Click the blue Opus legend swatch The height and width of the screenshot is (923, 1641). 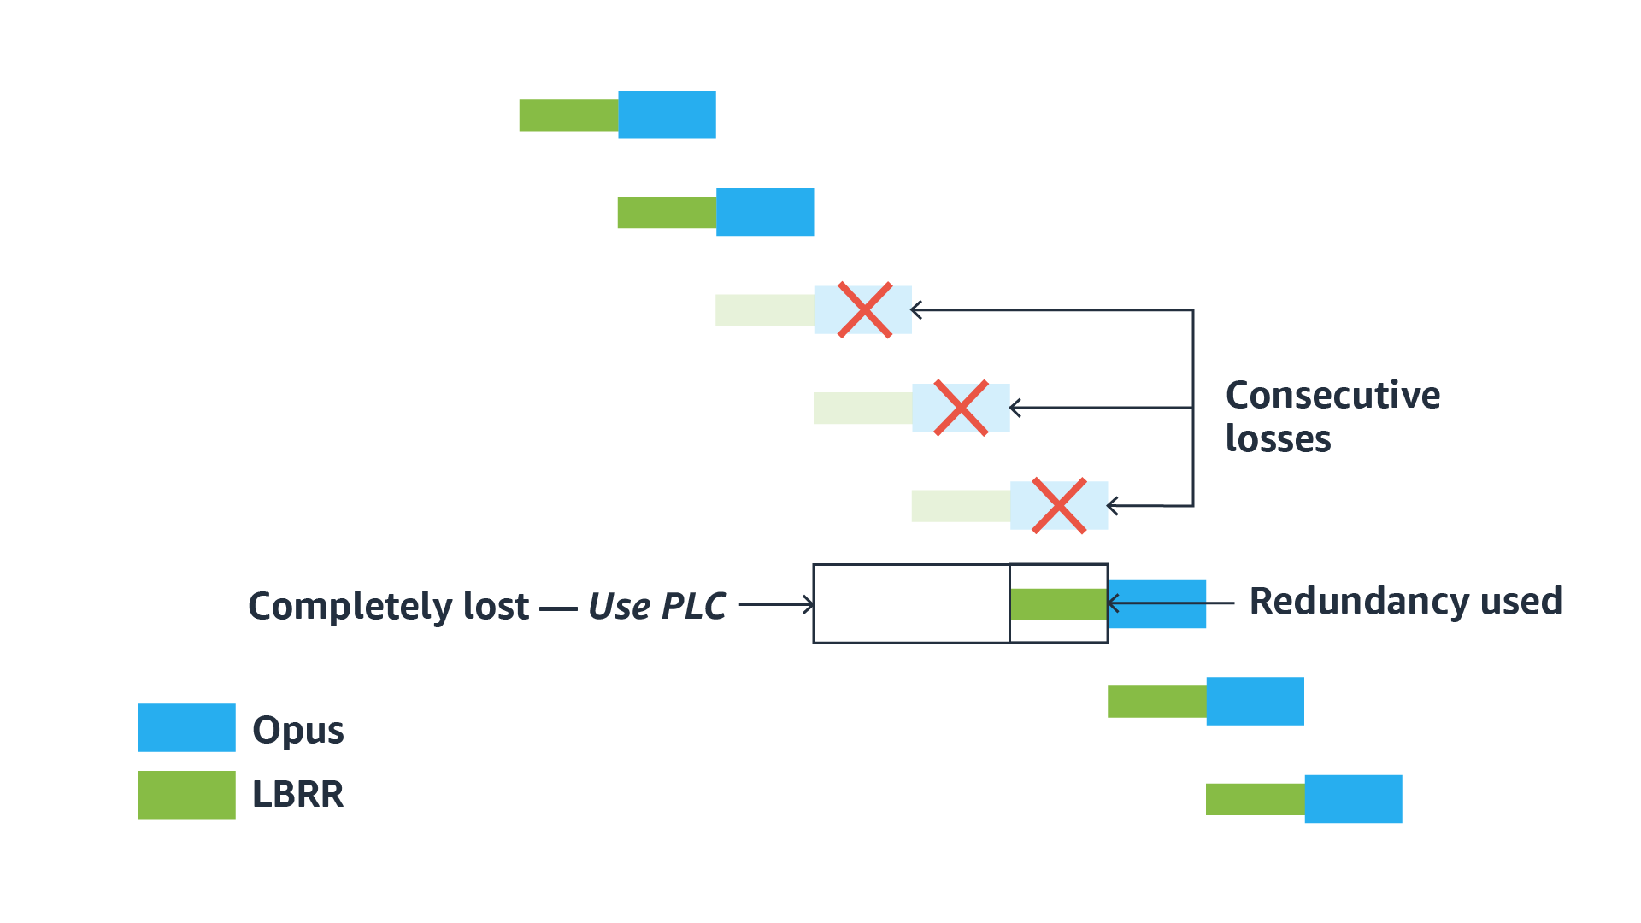click(186, 727)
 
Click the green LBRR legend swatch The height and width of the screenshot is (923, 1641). click(186, 795)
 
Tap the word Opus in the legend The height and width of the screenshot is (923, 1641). click(298, 731)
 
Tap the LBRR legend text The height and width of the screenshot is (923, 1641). click(297, 795)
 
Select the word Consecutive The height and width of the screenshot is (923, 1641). click(1332, 395)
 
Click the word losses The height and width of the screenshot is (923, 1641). click(1278, 438)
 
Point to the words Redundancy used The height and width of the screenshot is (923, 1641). click(1405, 601)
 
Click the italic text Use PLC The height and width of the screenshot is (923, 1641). click(657, 606)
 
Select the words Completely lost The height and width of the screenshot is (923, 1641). click(389, 606)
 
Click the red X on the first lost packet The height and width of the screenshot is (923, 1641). click(865, 310)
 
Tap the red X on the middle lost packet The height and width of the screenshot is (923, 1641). click(962, 408)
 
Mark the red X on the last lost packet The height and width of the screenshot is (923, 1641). click(1059, 506)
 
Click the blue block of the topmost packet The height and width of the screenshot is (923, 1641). click(667, 115)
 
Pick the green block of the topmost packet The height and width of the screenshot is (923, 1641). click(568, 115)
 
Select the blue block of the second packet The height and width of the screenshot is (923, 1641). click(765, 212)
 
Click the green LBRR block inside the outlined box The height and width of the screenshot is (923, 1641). click(1058, 604)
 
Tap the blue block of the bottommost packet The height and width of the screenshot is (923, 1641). click(1353, 799)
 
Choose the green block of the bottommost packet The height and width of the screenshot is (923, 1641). click(1255, 799)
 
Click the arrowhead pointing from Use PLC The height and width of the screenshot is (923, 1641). click(808, 605)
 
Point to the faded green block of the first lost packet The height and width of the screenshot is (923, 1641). click(764, 310)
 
